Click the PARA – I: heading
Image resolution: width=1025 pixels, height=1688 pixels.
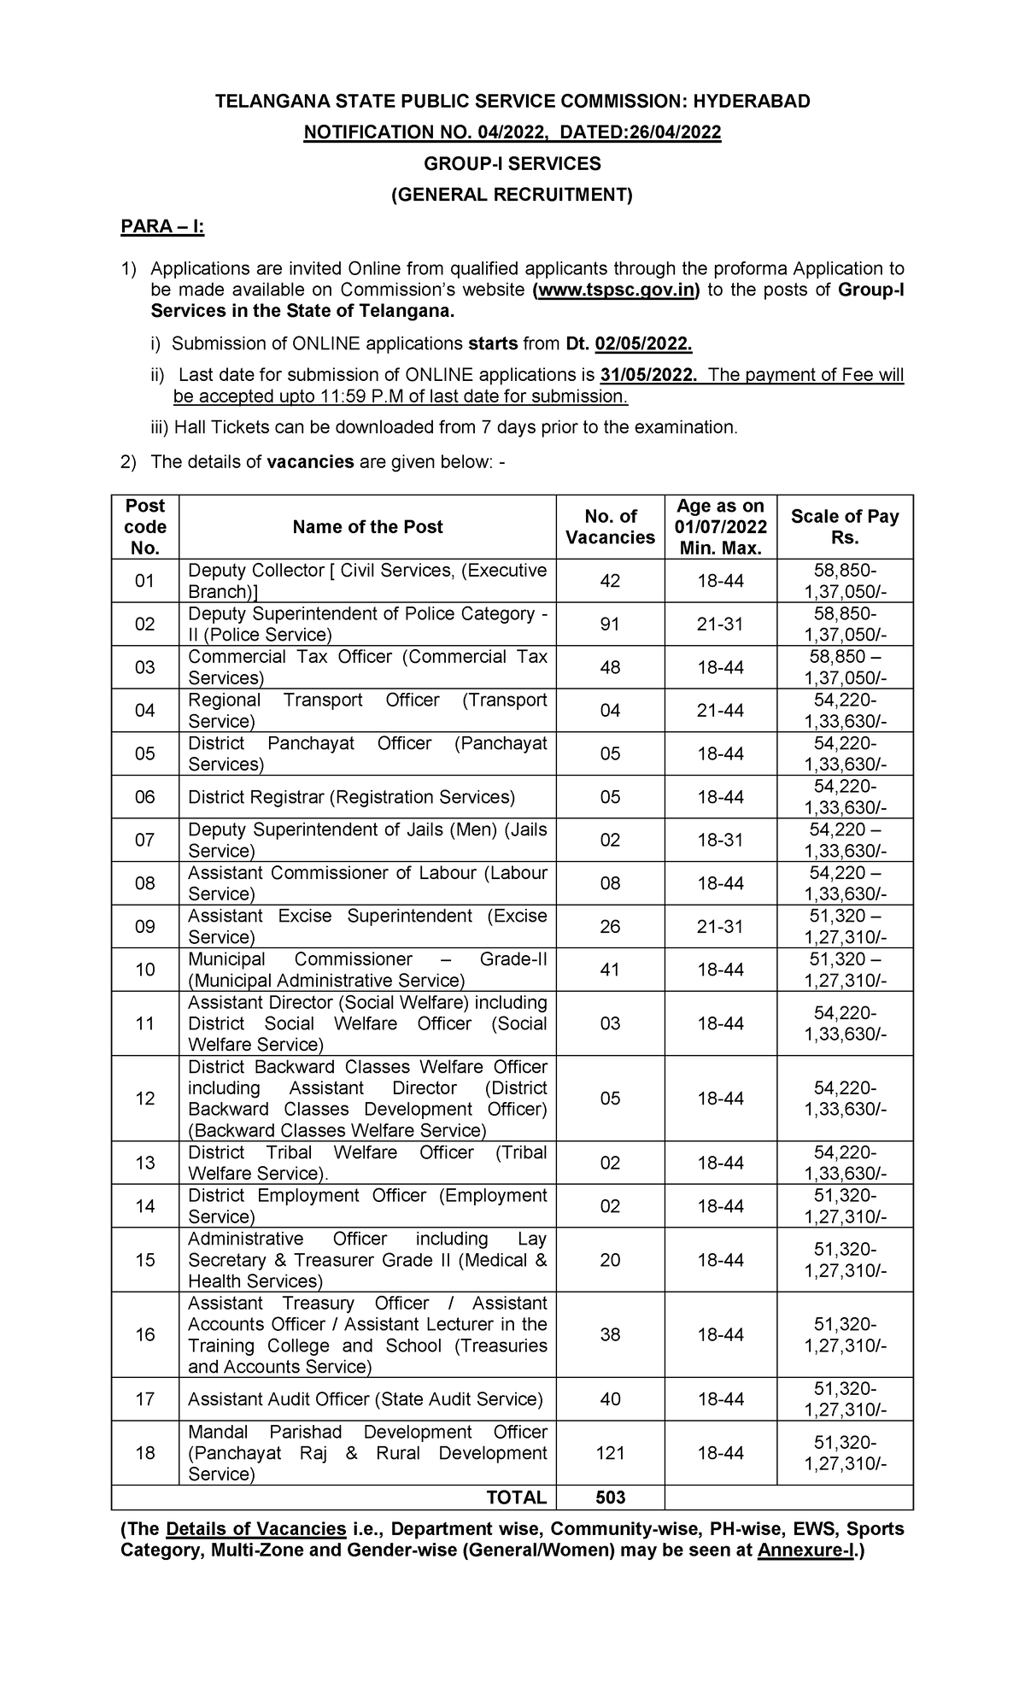pyautogui.click(x=161, y=227)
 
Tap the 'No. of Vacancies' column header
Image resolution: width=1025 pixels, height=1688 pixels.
pyautogui.click(x=610, y=527)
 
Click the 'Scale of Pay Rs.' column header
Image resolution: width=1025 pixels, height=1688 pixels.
pyautogui.click(x=844, y=527)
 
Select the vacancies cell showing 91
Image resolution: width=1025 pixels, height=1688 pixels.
pyautogui.click(x=610, y=624)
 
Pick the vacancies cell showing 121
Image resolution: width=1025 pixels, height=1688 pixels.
pyautogui.click(x=610, y=1453)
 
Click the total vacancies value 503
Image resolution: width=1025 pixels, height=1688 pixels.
pyautogui.click(x=610, y=1498)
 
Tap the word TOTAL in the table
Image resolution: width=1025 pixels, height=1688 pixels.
pyautogui.click(x=516, y=1498)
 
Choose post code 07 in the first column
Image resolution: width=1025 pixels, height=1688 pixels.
pyautogui.click(x=145, y=840)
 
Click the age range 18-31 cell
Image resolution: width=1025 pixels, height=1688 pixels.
pyautogui.click(x=720, y=840)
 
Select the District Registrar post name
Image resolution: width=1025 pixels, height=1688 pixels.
pyautogui.click(x=351, y=797)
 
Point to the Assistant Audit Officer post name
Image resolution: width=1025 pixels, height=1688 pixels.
pyautogui.click(x=365, y=1399)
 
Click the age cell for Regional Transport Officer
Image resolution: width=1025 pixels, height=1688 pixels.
pyautogui.click(x=720, y=711)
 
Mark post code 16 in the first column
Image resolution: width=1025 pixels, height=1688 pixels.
pyautogui.click(x=145, y=1334)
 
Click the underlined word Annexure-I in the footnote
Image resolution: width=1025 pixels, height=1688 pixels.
pyautogui.click(x=807, y=1551)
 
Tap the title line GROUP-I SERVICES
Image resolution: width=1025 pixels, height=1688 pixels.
pyautogui.click(x=512, y=163)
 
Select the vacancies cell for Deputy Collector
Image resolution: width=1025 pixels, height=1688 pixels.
pyautogui.click(x=610, y=581)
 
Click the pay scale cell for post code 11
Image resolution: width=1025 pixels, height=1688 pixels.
pyautogui.click(x=844, y=1023)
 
